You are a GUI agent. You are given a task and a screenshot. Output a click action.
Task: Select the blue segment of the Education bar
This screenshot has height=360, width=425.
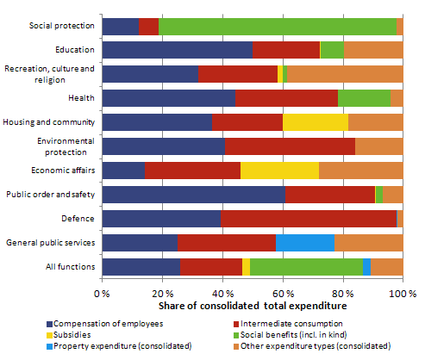[x=178, y=51]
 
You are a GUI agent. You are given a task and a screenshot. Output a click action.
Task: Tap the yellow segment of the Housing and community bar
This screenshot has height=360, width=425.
[x=316, y=122]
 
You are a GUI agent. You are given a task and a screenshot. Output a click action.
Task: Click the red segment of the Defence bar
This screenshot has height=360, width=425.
[x=308, y=219]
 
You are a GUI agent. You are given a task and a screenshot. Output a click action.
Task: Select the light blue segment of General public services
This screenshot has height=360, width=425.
[x=304, y=243]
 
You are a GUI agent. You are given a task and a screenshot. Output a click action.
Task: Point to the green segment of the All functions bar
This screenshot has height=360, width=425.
[x=306, y=267]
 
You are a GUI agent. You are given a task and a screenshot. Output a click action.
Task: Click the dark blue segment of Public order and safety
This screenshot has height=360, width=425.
[x=194, y=195]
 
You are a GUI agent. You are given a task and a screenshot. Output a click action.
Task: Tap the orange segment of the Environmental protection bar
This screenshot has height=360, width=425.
[x=378, y=146]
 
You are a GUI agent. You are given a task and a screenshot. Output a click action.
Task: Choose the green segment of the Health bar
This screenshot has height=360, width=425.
[x=364, y=98]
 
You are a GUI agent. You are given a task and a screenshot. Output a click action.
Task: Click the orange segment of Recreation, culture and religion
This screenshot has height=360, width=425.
[x=345, y=75]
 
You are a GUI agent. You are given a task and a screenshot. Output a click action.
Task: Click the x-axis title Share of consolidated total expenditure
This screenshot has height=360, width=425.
[x=252, y=306]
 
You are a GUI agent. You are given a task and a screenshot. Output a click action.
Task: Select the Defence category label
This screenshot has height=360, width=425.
[x=76, y=219]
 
